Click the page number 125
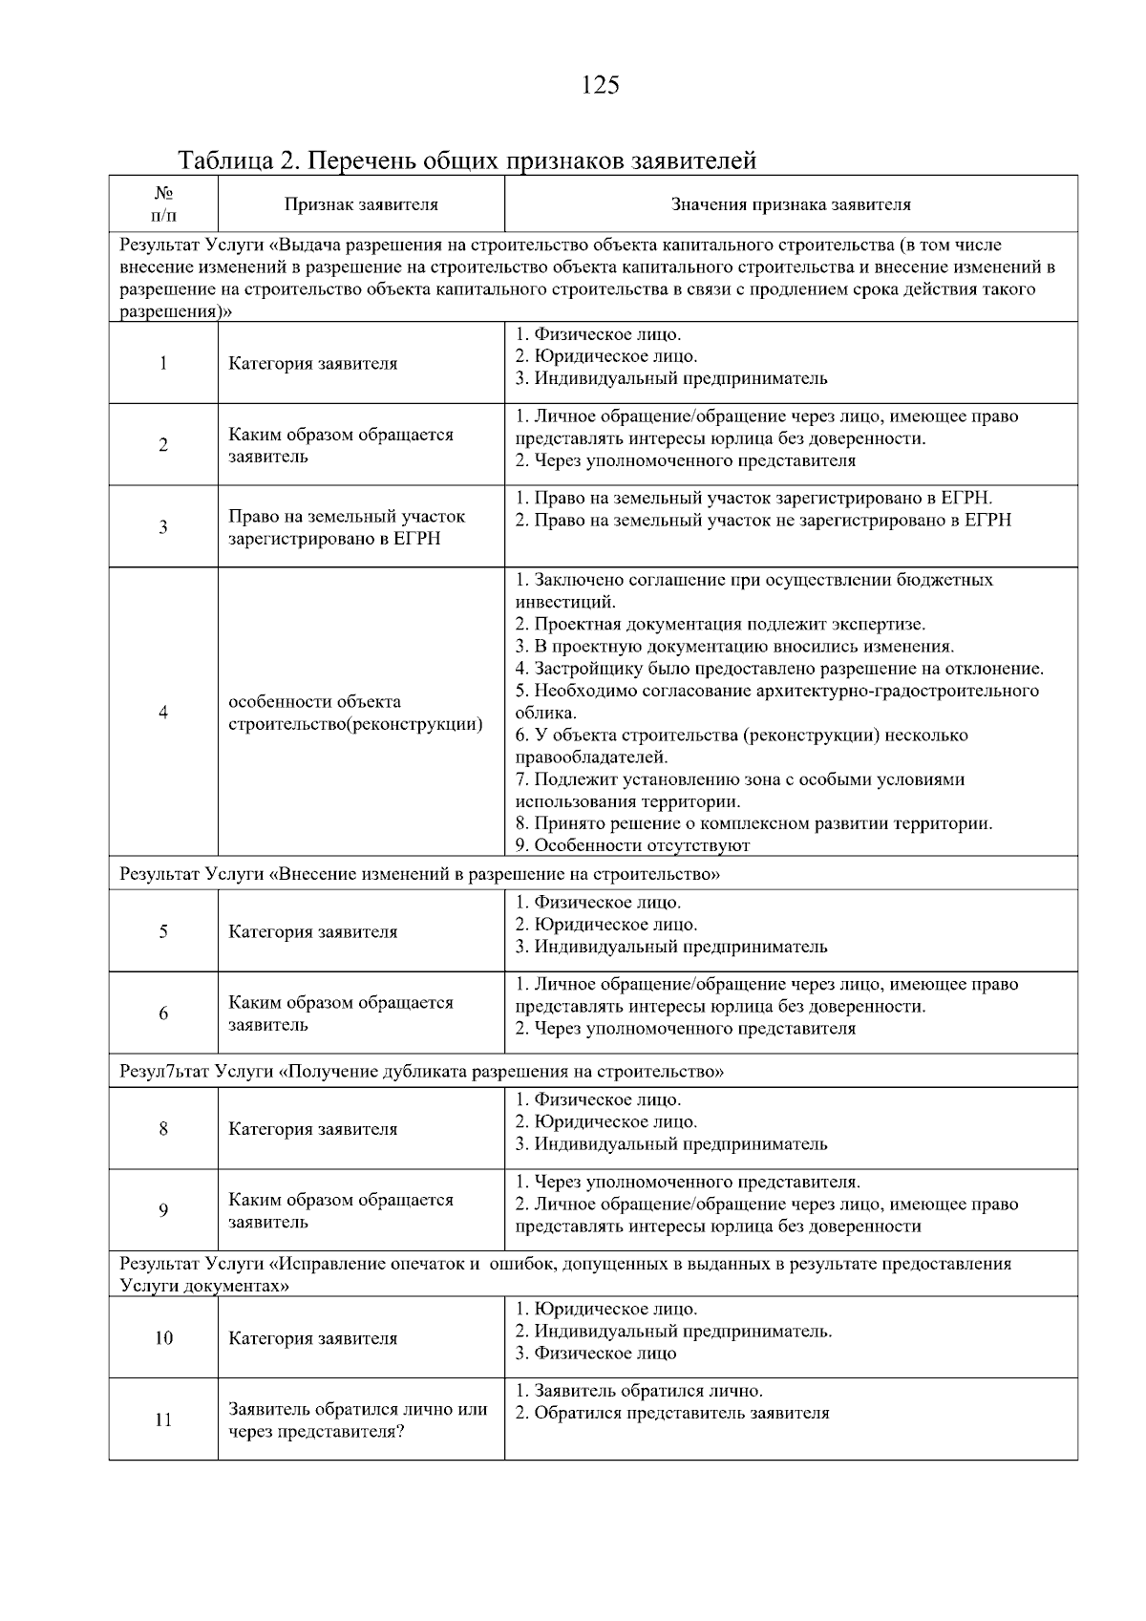(600, 86)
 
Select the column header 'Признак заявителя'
(361, 204)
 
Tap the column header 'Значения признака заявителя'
(790, 204)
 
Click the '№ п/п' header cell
(163, 203)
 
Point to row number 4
(163, 713)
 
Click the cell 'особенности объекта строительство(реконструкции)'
(354, 713)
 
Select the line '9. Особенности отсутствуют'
(632, 845)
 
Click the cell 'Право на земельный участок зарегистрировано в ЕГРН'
(346, 527)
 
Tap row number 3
(163, 527)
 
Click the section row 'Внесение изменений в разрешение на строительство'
(420, 874)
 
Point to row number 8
(163, 1129)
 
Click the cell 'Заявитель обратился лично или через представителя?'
(357, 1420)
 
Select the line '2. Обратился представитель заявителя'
(672, 1413)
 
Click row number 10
(163, 1338)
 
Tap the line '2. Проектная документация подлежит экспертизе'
(720, 625)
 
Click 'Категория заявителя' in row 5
(312, 931)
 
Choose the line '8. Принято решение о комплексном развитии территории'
(753, 823)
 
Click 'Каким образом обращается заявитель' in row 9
(340, 1210)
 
